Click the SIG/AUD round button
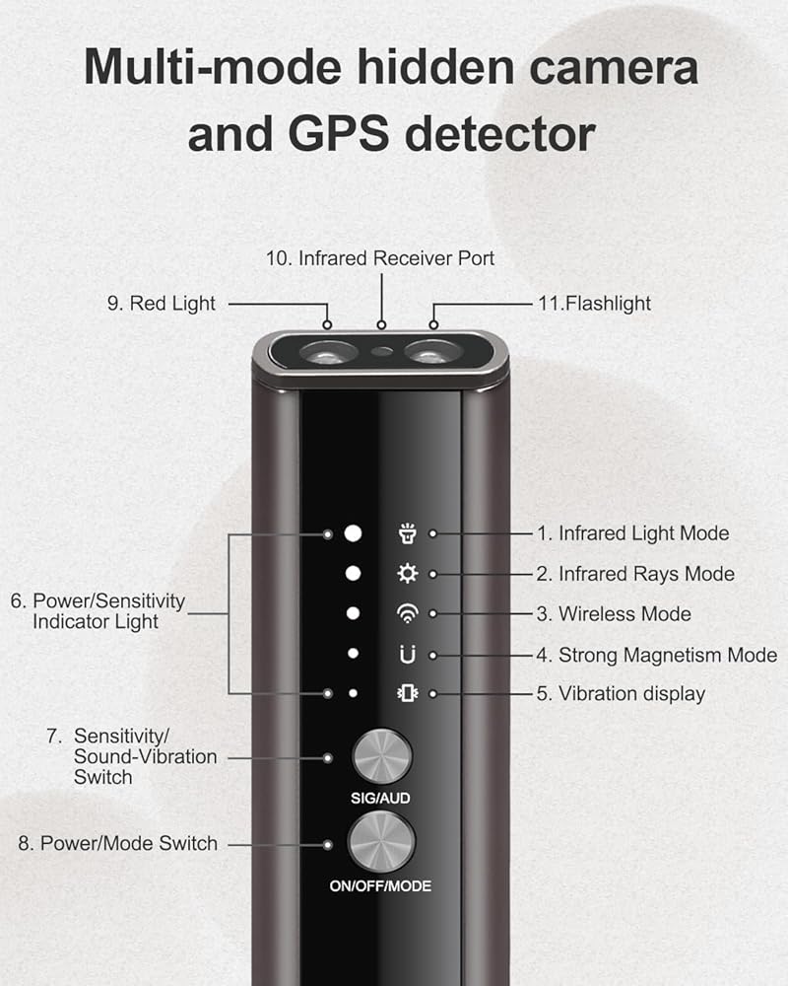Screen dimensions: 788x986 point(381,756)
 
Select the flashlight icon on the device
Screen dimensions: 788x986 point(406,533)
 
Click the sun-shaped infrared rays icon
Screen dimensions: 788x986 point(406,574)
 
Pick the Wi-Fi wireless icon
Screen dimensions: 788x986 point(406,613)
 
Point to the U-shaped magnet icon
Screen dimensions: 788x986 point(407,654)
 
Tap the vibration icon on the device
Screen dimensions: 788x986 point(406,693)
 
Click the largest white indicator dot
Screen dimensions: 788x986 point(354,533)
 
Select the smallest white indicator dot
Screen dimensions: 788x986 point(353,693)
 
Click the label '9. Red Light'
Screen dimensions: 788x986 point(161,304)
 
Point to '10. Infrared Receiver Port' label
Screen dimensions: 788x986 point(380,258)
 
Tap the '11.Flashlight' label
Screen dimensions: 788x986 point(593,304)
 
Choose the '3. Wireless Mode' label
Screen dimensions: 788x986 point(614,614)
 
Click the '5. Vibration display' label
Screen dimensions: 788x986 point(621,693)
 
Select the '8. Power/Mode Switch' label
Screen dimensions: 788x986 point(118,844)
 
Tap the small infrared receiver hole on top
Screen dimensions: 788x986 point(380,350)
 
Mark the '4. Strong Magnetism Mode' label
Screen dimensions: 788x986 point(657,655)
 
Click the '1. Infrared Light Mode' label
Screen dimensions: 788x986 point(632,533)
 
